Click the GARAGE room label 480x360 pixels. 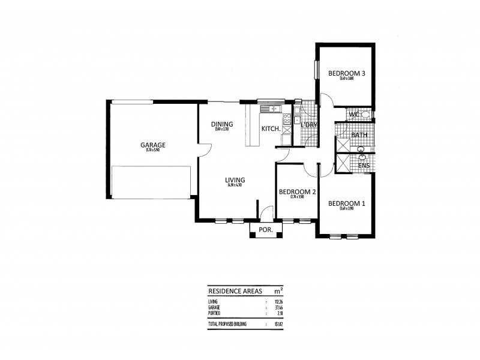click(153, 145)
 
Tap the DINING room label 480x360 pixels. click(221, 125)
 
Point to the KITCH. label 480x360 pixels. click(270, 128)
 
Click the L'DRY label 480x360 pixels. click(308, 125)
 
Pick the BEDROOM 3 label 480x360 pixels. click(347, 73)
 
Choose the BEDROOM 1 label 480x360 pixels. click(347, 203)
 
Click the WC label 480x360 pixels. click(353, 114)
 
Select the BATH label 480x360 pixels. click(359, 135)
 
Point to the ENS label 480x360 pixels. click(363, 165)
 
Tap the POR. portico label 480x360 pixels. click(265, 230)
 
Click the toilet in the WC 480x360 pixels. click(365, 114)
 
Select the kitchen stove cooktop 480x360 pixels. click(287, 119)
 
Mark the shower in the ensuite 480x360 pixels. click(344, 164)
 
